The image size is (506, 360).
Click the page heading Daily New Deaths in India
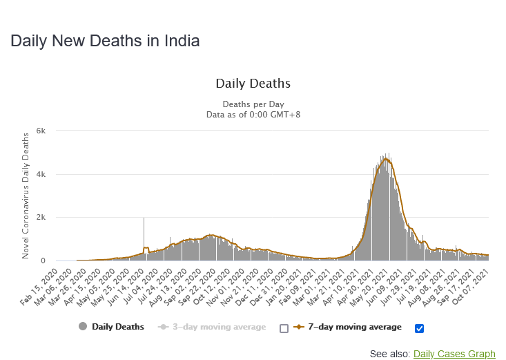[105, 41]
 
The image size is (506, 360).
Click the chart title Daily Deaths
[253, 84]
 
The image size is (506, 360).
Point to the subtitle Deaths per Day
[253, 104]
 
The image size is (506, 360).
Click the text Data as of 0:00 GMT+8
[253, 115]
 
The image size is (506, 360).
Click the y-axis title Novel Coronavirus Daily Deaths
[26, 196]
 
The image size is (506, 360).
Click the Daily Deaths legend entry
[111, 327]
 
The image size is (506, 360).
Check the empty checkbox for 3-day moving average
[284, 328]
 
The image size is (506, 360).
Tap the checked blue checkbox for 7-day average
[420, 328]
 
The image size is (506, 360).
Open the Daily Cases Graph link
[454, 354]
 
